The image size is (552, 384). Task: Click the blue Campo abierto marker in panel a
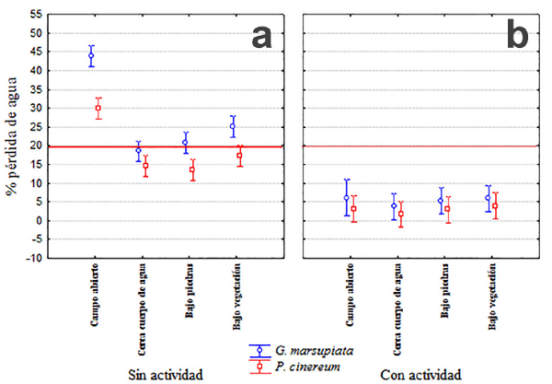point(91,55)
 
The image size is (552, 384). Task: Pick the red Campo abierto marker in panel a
point(98,109)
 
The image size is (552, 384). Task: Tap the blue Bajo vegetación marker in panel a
point(233,126)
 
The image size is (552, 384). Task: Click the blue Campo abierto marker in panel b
point(346,197)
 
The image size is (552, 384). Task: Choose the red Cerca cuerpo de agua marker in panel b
point(400,214)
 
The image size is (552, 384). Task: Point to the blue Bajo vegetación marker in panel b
point(489,198)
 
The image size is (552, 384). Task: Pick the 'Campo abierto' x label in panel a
point(95,294)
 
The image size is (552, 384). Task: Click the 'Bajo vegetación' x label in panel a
point(236,298)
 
